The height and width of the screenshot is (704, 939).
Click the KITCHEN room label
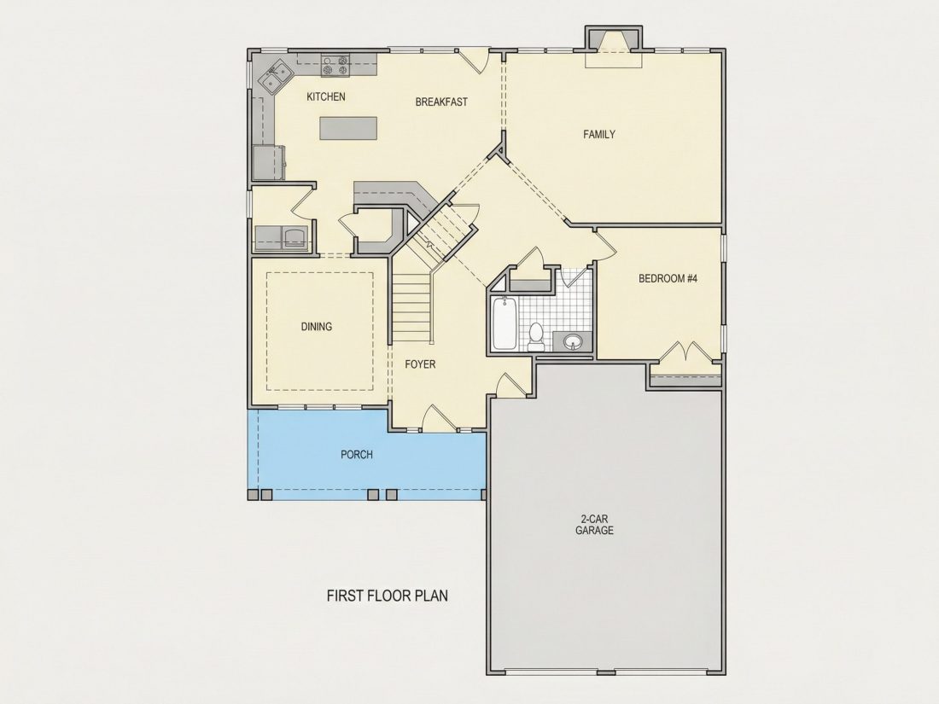326,96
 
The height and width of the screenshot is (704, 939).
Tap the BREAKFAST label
441,102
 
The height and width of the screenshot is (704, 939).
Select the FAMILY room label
599,135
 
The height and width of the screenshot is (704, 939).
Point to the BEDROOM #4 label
668,278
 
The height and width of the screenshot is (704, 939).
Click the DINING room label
316,327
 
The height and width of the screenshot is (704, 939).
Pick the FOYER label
420,364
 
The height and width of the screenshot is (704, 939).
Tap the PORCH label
356,455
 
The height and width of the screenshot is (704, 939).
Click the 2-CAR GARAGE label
594,525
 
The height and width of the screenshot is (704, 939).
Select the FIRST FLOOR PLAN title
388,596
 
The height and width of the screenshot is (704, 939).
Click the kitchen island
348,128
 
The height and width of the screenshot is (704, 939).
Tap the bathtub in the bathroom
504,323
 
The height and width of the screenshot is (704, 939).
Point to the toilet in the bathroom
536,336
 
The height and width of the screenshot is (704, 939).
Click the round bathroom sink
573,342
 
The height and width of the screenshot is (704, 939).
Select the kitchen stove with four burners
335,65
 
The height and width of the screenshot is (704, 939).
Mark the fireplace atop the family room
613,41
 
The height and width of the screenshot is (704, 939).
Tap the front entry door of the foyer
439,418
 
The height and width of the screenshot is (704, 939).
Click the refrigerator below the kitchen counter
268,162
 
